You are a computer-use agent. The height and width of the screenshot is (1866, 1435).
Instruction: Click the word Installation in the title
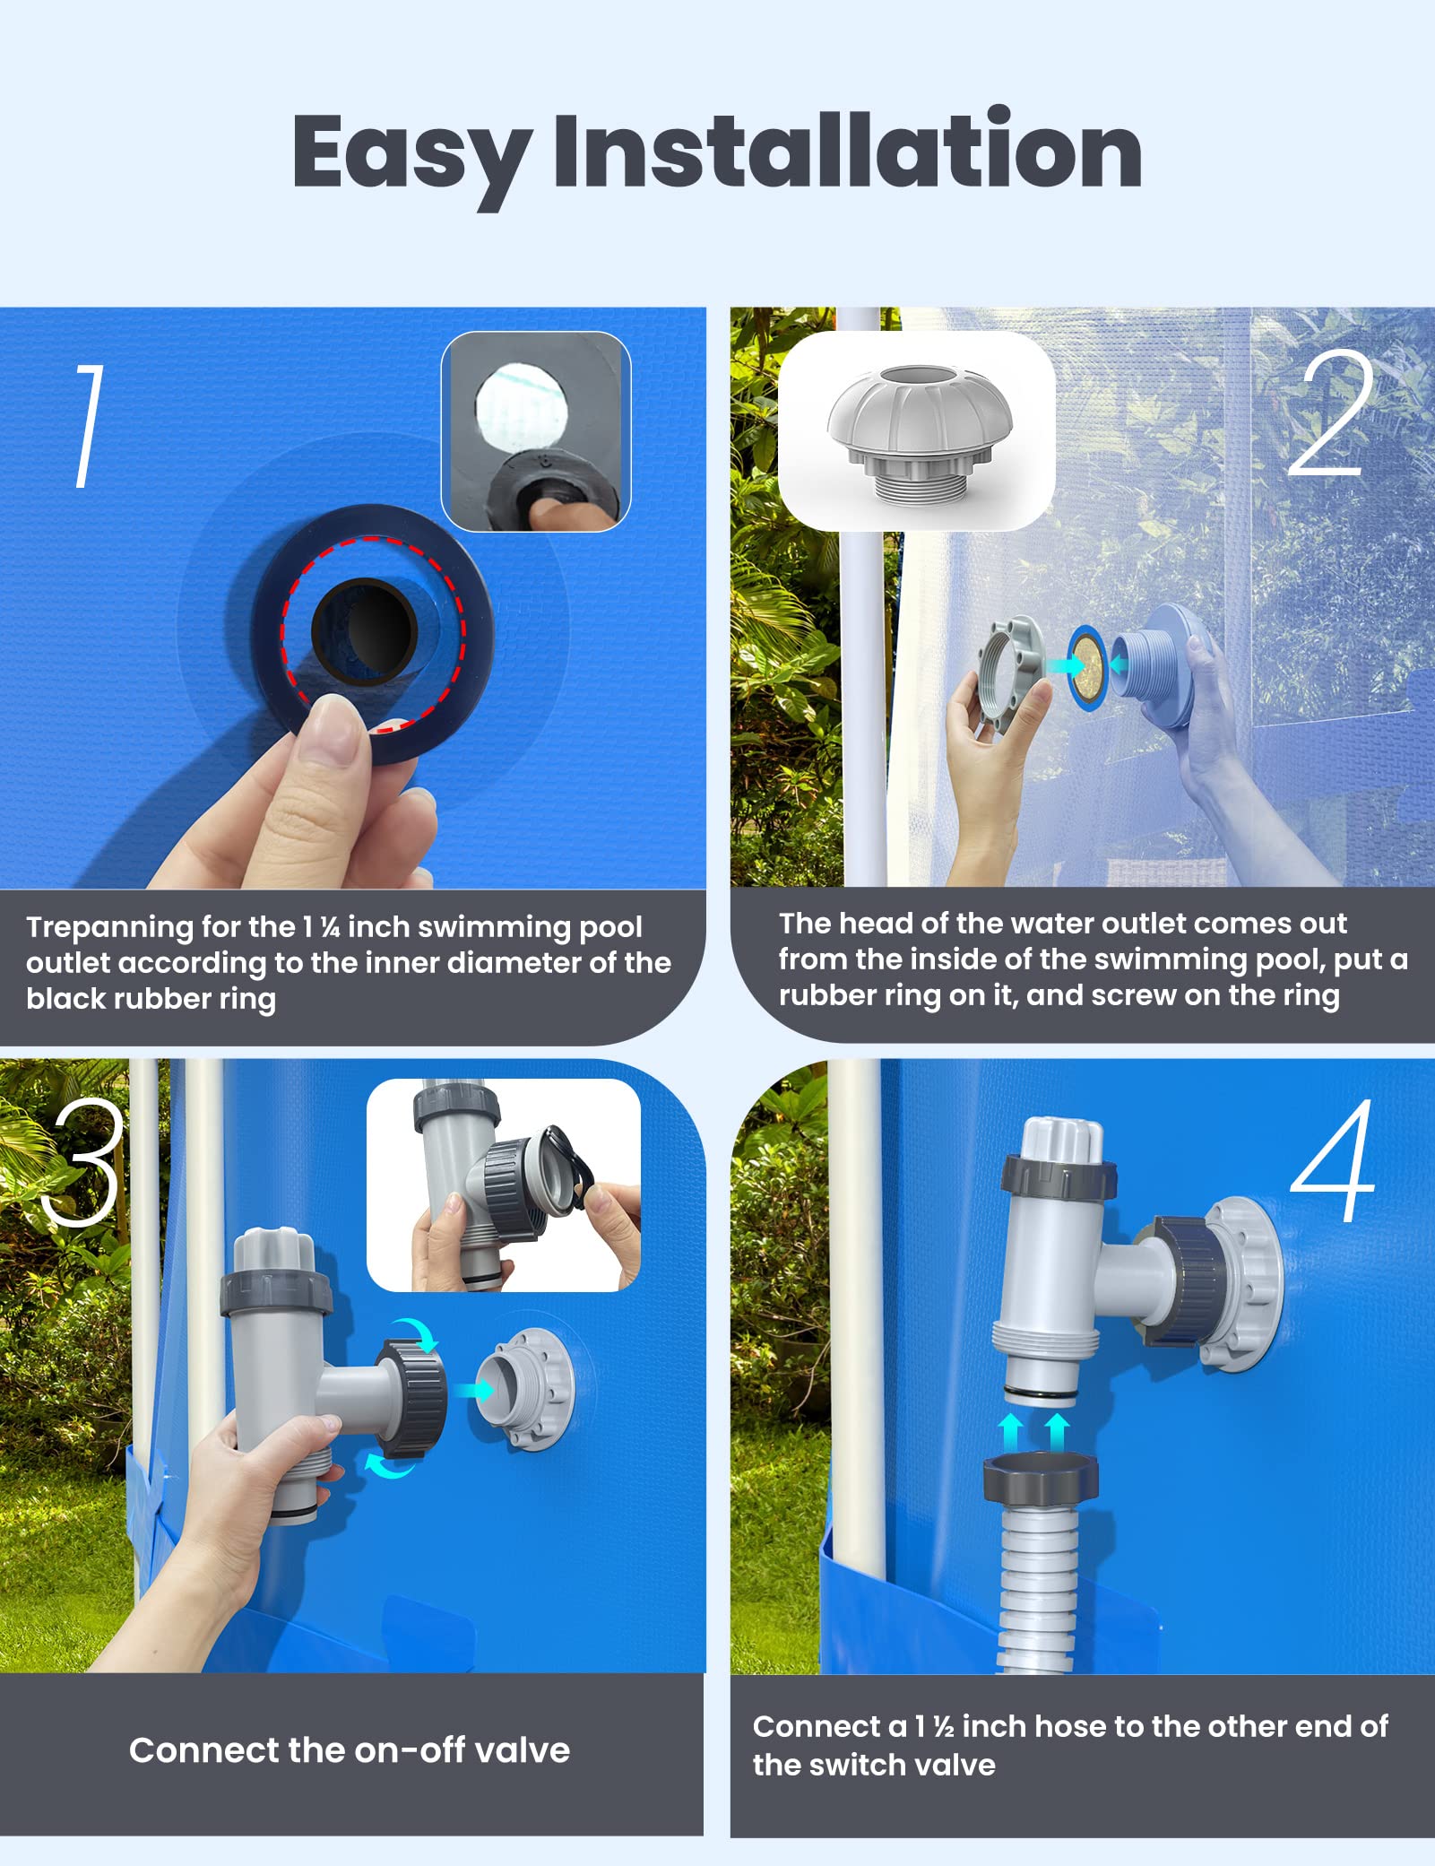(x=848, y=149)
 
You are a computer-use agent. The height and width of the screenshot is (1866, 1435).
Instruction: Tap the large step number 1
(x=89, y=426)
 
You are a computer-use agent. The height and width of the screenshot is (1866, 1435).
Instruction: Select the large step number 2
(x=1331, y=412)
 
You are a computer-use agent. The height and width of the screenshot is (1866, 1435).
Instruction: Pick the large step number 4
(x=1334, y=1160)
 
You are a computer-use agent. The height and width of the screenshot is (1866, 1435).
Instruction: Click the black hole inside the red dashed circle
(x=364, y=630)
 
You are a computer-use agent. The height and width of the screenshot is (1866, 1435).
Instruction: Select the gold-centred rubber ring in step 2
(x=1088, y=667)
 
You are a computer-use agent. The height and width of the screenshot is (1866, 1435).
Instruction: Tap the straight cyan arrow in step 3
(x=473, y=1390)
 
